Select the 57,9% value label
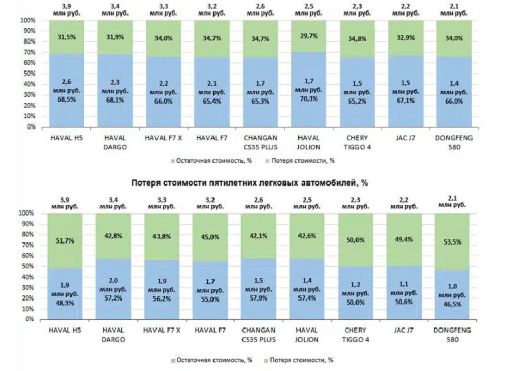260,299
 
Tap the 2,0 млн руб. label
114,284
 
